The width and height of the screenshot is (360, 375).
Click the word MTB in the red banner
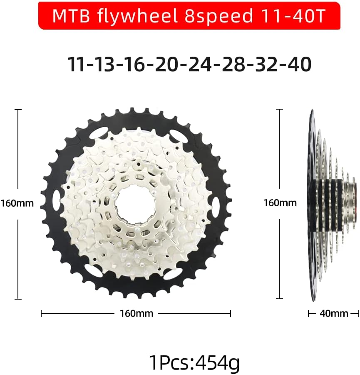(69, 16)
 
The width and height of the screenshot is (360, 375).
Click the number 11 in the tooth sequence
(77, 64)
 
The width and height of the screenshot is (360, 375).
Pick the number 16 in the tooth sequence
(137, 64)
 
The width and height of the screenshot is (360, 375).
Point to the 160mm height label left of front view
(17, 204)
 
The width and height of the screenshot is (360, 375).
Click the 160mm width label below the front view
(136, 313)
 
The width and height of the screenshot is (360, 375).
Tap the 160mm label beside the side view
(280, 203)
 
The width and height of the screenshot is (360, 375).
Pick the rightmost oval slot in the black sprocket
(215, 205)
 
